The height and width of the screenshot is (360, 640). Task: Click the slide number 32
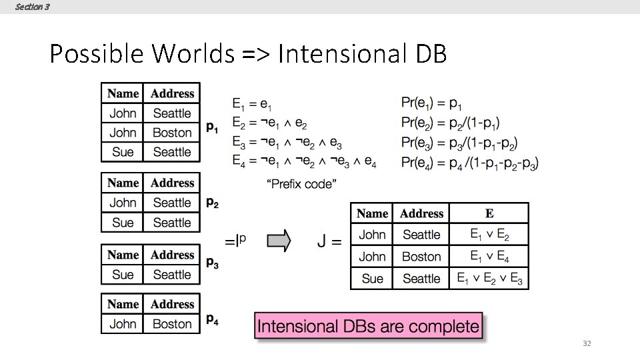(587, 343)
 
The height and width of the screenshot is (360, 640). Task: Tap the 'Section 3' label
(31, 7)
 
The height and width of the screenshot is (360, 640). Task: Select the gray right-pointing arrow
(279, 241)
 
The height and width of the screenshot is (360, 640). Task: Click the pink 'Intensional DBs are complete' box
(368, 327)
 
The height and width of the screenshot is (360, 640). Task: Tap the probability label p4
(212, 320)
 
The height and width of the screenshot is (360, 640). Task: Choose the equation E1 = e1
(251, 103)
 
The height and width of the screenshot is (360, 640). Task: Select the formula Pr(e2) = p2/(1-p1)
(450, 123)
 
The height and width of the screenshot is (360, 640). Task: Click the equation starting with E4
(304, 161)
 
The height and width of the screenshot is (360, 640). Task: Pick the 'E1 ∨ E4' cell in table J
(489, 256)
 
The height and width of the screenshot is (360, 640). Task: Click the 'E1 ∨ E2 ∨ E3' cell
(489, 278)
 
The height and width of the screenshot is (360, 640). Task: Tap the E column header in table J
(489, 213)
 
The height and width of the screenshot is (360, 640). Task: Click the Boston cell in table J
(421, 257)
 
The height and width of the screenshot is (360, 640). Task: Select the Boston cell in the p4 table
(172, 324)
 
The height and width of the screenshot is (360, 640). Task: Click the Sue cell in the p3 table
(123, 275)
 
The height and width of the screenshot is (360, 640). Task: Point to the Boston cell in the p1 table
(172, 133)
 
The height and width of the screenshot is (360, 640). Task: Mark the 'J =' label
(329, 241)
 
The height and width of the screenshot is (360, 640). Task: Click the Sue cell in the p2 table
(123, 223)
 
